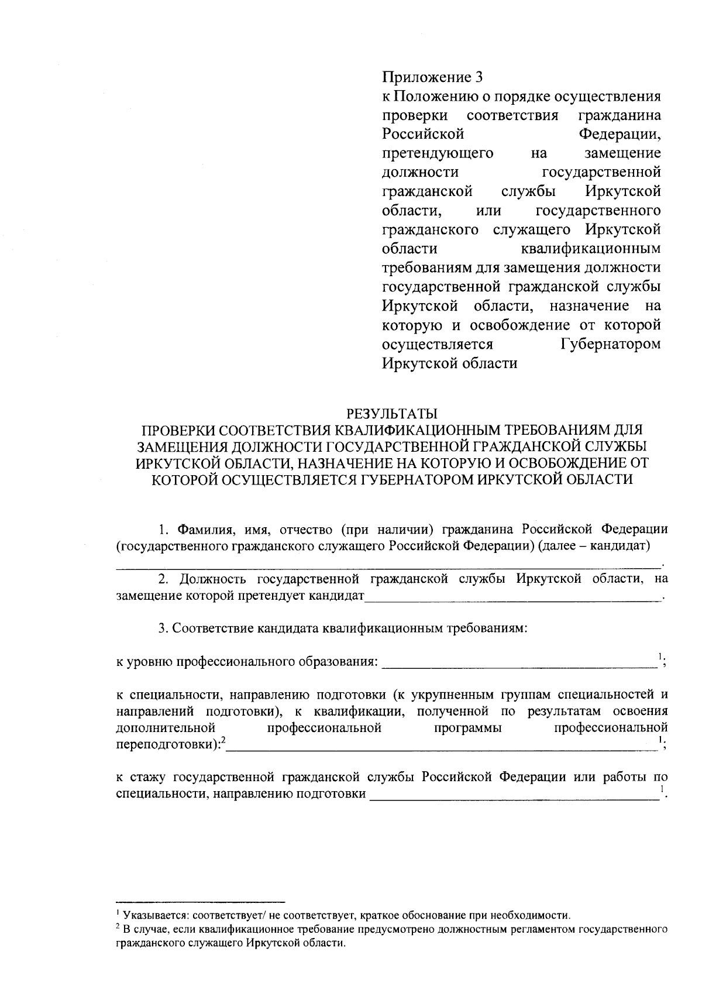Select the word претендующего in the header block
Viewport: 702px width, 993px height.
tap(437, 153)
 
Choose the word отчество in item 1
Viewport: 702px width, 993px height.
tap(304, 530)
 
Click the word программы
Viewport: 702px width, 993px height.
tap(468, 728)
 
